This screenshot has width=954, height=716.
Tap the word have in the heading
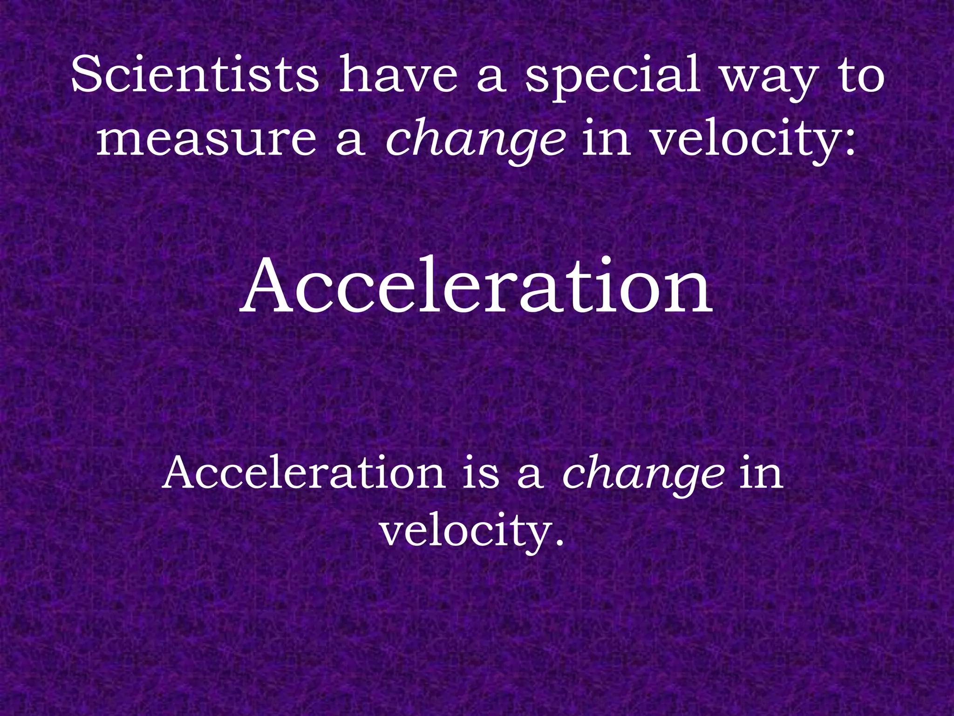click(398, 75)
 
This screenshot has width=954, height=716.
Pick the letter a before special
click(491, 79)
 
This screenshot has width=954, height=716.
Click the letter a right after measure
click(350, 142)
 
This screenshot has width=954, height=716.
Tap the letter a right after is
click(530, 476)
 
